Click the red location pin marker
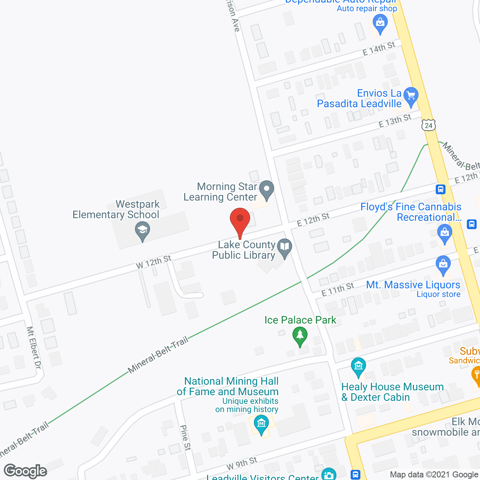coord(240,221)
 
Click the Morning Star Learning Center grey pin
coord(267,189)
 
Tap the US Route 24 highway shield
coord(429,125)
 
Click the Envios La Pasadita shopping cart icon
coord(411,96)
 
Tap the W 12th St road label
coord(153,262)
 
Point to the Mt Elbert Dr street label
coord(33,347)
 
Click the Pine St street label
coord(185,437)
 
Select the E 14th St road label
coord(379,49)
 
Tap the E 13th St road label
coord(395,121)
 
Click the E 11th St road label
coord(337,289)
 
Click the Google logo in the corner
coord(25,471)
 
